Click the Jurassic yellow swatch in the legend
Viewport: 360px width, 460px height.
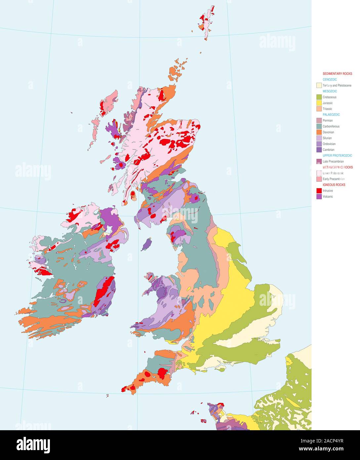tap(319, 103)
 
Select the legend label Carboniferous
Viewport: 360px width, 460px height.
tap(331, 126)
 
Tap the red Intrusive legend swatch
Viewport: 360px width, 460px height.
tap(319, 191)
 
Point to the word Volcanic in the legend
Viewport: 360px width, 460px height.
tap(328, 197)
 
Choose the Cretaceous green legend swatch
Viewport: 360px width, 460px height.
tap(319, 97)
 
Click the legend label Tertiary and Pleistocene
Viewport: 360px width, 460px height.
tap(337, 85)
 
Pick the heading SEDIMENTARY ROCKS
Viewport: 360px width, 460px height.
tap(337, 74)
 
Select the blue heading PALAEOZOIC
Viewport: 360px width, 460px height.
tap(331, 115)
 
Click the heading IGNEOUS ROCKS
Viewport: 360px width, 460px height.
tap(334, 185)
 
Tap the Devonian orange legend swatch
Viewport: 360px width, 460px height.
tap(319, 132)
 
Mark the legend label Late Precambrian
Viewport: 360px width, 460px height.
tap(333, 161)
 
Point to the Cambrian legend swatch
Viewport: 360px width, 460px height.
tap(319, 150)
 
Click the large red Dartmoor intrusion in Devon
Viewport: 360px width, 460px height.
tap(162, 373)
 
